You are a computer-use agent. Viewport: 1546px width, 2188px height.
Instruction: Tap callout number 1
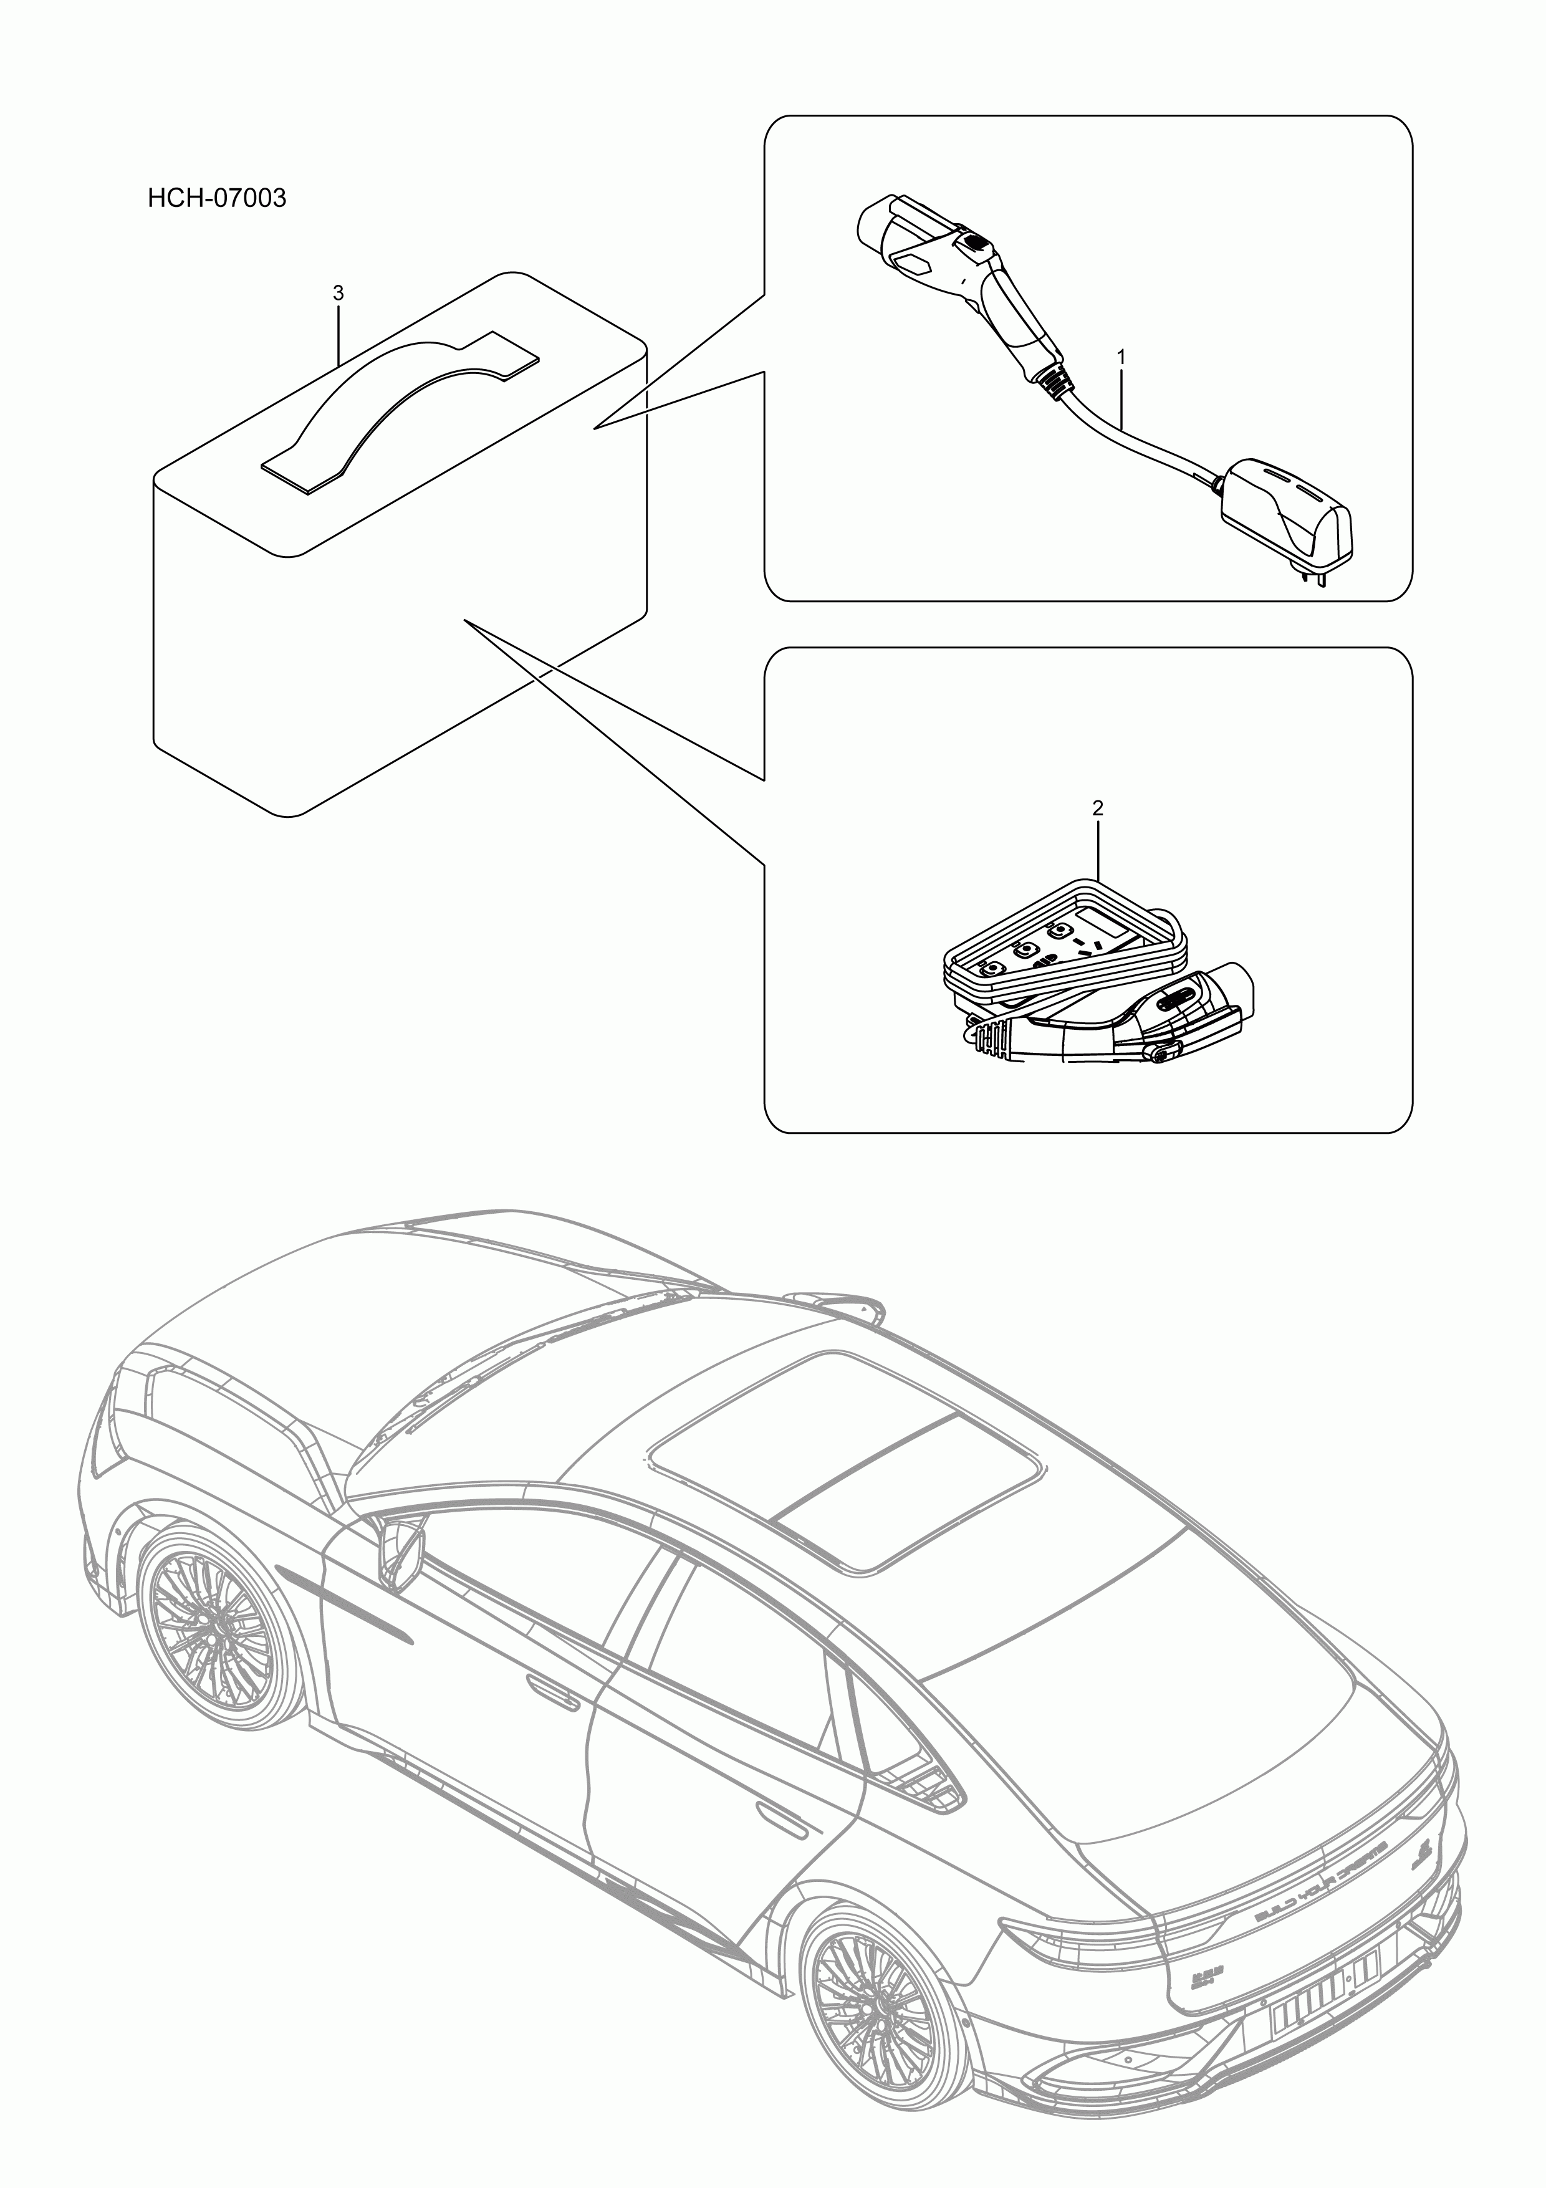(x=1122, y=357)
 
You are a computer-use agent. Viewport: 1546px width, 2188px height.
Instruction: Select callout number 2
(x=1097, y=808)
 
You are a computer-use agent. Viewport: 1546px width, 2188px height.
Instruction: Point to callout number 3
(x=338, y=294)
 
